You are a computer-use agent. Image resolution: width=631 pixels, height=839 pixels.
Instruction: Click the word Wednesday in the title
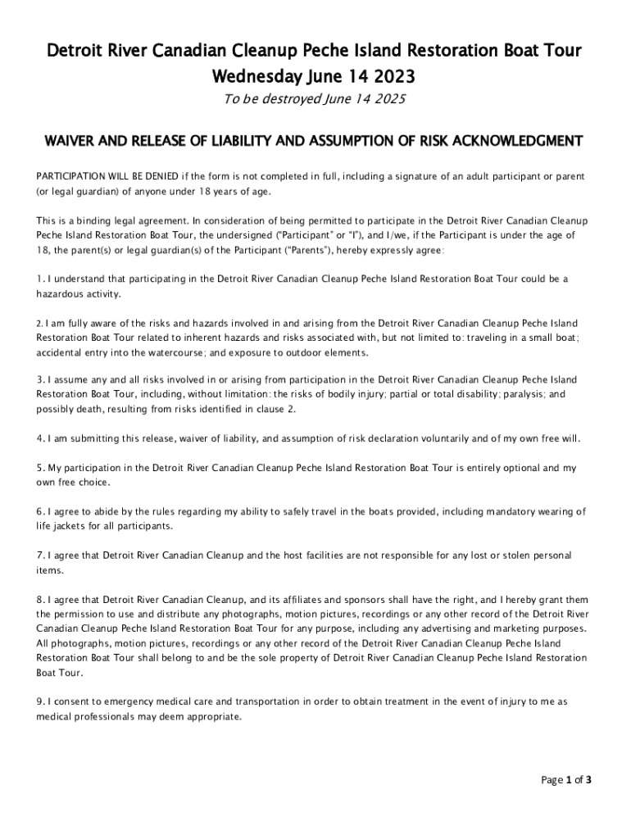pos(251,78)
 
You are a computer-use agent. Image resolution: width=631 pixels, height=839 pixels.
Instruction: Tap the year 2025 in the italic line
pos(389,101)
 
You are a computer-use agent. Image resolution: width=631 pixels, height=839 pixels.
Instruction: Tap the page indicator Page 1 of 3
pos(566,780)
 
